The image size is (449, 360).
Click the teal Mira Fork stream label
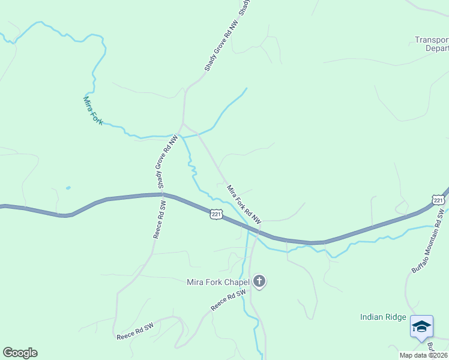(92, 111)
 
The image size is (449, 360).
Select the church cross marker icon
(259, 281)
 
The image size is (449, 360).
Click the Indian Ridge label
(383, 317)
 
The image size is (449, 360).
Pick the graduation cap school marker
(421, 326)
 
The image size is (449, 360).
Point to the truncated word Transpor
(432, 40)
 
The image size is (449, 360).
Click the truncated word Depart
(436, 48)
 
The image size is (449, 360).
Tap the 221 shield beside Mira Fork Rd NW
(216, 214)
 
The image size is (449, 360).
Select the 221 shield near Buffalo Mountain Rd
(439, 200)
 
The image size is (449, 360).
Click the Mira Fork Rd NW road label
(244, 205)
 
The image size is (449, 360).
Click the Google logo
(20, 353)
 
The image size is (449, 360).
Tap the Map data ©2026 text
(423, 355)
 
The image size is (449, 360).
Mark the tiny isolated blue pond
(68, 188)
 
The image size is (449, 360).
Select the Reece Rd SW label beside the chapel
(229, 300)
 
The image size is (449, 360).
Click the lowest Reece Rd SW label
(135, 331)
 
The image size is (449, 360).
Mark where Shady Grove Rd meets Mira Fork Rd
(183, 125)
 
